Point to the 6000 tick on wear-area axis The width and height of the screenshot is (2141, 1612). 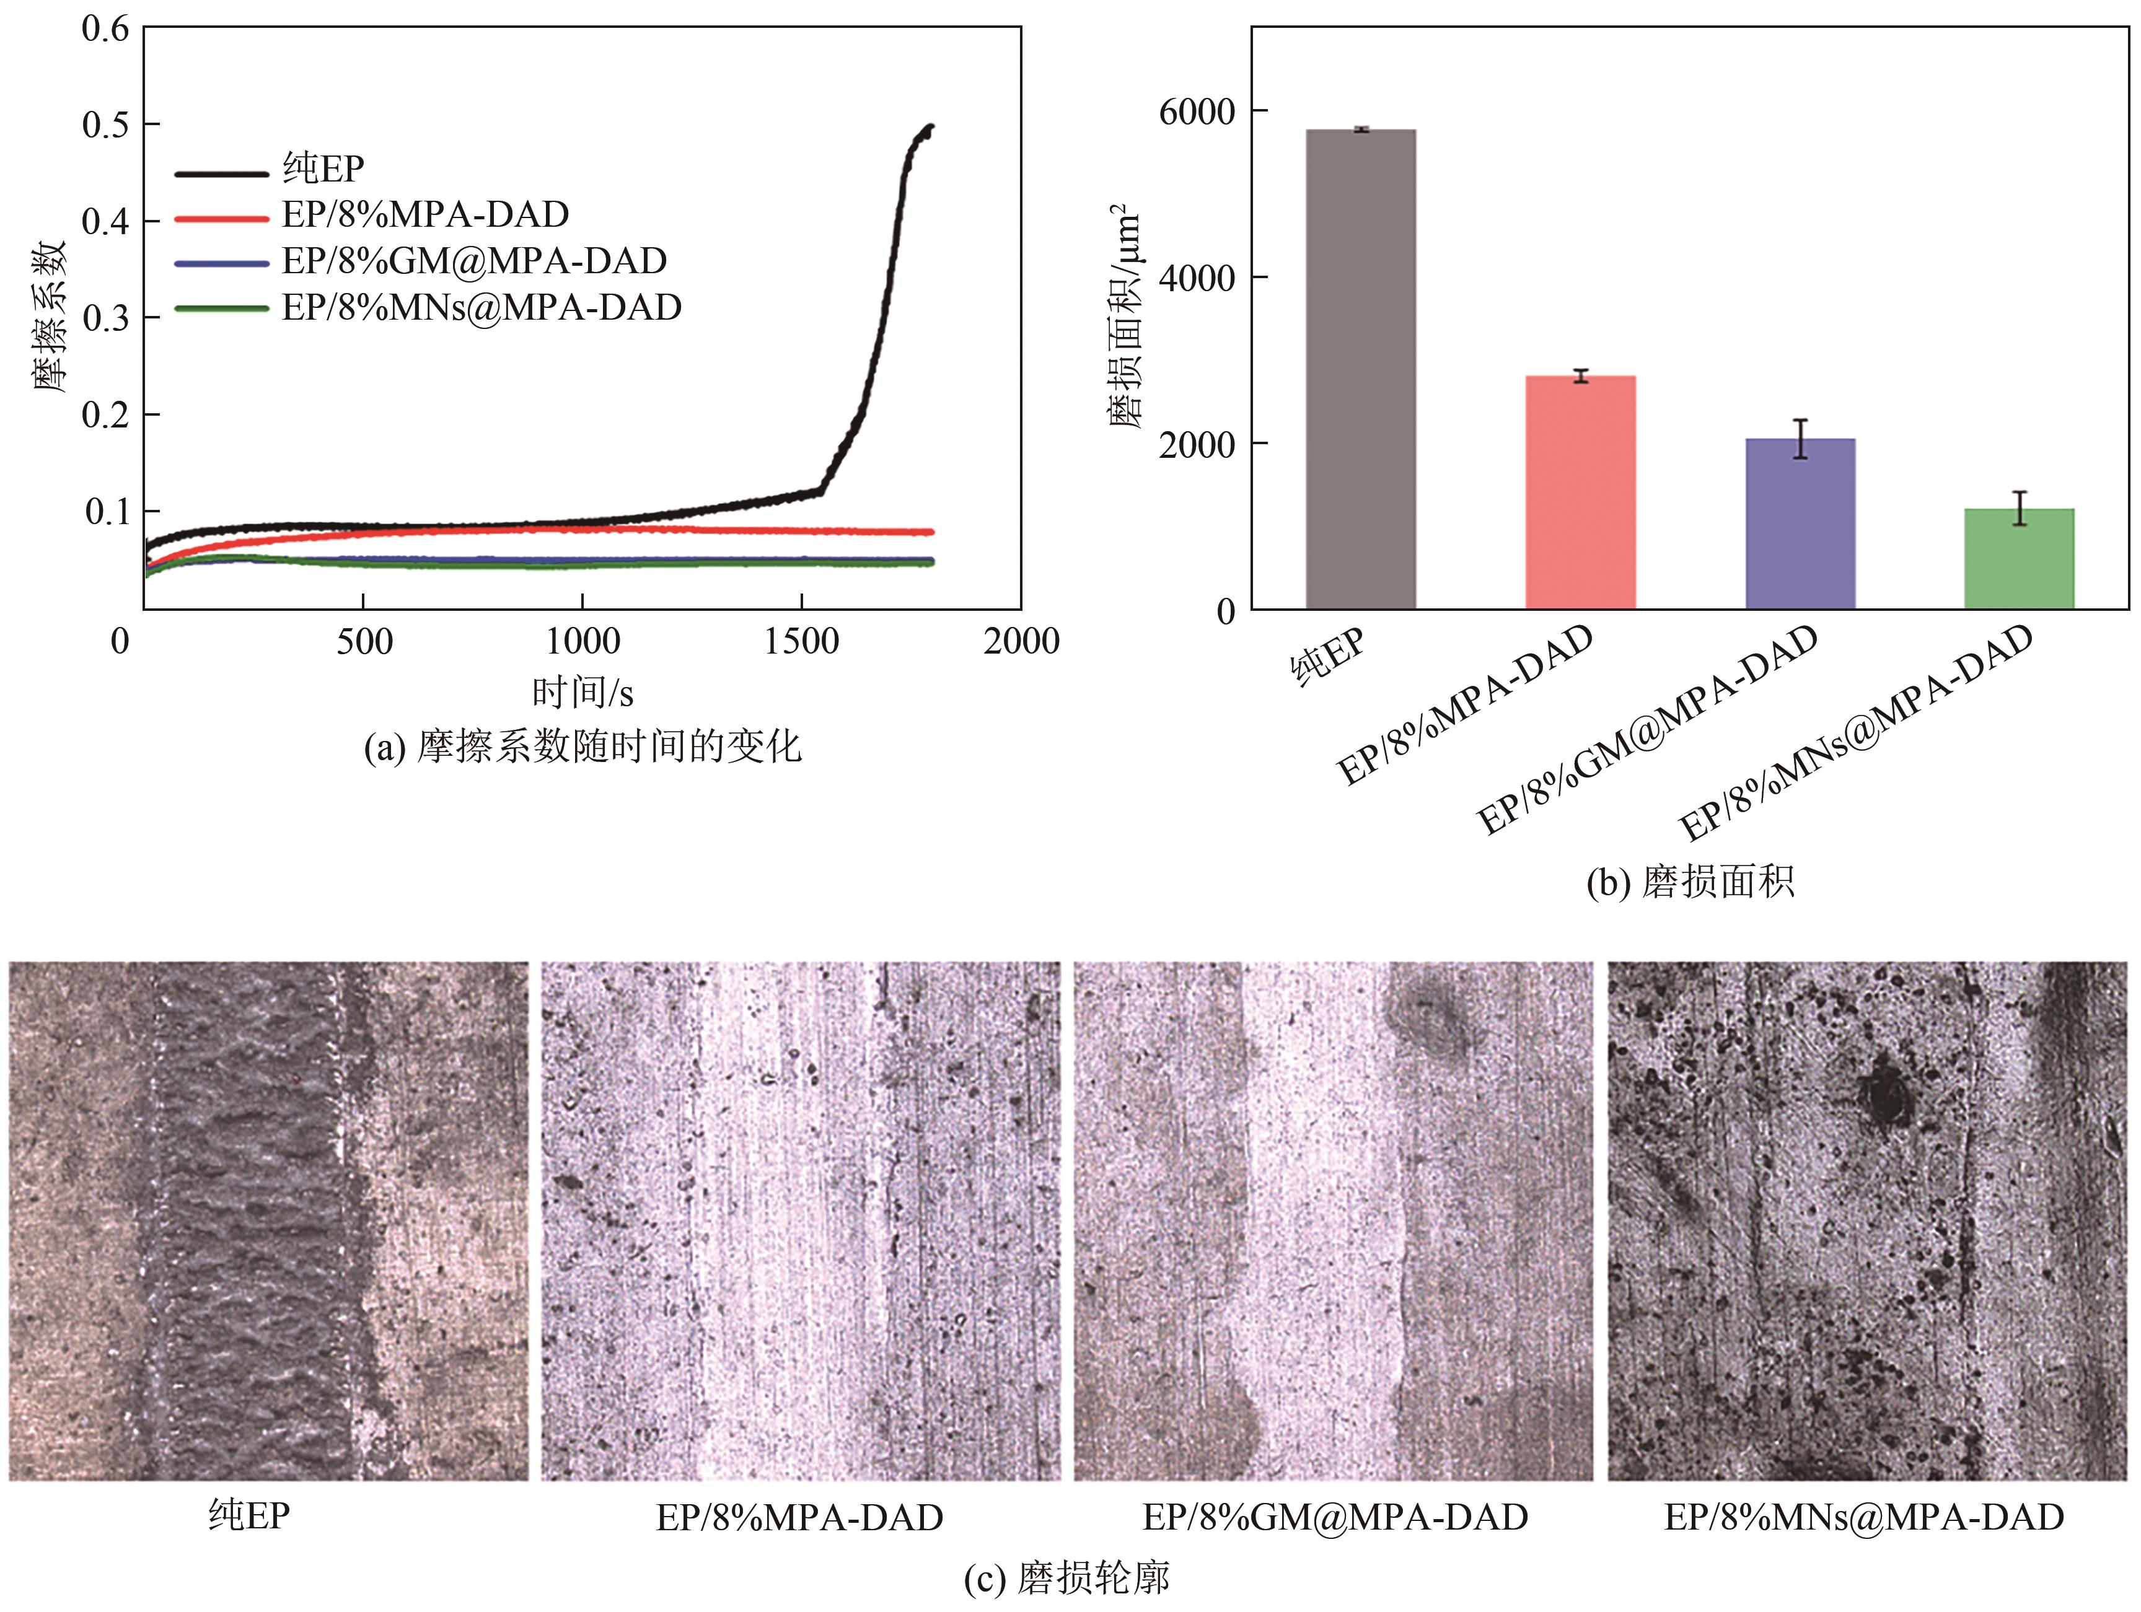point(1197,112)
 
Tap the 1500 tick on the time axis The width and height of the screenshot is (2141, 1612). point(801,641)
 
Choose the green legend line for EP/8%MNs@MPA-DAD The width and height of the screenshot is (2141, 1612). point(221,309)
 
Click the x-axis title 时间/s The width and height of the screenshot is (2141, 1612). point(583,693)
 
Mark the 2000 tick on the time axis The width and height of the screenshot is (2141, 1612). point(1021,641)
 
